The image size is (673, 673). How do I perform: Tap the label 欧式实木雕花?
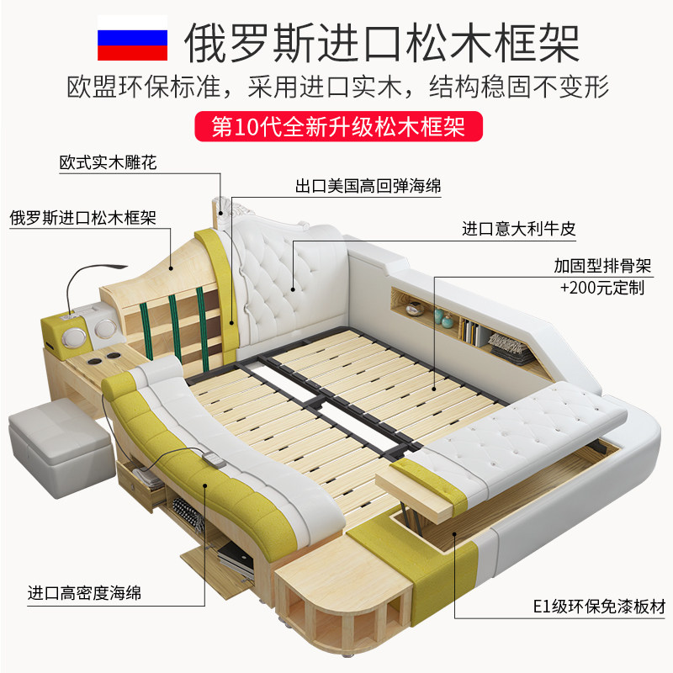[108, 162]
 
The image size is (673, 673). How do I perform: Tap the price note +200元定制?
[602, 288]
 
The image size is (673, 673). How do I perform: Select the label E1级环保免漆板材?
[590, 607]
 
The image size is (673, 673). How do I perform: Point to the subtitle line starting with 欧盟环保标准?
[336, 87]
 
